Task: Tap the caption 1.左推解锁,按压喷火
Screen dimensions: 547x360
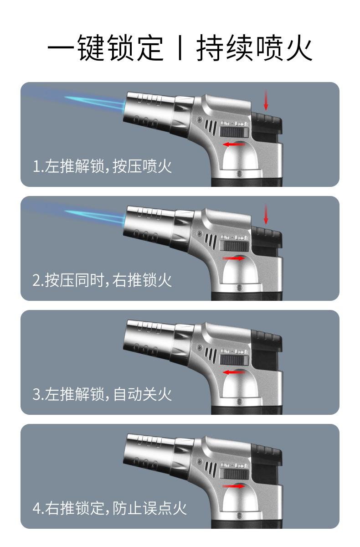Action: (102, 166)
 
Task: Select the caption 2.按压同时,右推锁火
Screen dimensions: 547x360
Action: (102, 280)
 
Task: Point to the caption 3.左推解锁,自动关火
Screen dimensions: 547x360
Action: (102, 394)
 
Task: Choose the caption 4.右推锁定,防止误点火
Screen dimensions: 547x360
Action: (109, 508)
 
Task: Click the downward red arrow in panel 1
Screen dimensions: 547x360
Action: (266, 100)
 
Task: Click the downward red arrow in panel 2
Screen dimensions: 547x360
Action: (266, 214)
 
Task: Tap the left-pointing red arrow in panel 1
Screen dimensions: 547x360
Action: (233, 144)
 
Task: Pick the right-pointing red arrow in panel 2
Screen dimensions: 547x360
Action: (234, 258)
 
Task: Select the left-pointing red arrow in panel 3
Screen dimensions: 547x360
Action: (233, 372)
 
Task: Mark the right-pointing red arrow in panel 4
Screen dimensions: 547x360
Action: (234, 486)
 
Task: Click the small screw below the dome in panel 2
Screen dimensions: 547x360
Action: (239, 288)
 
